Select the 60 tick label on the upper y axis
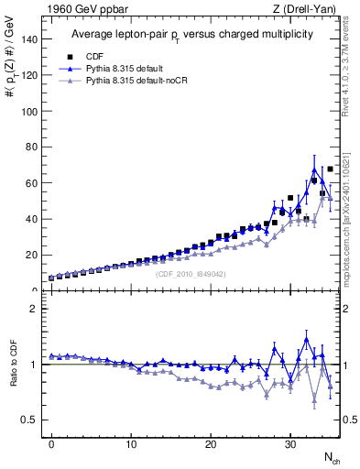coord(33,183)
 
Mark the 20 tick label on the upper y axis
coord(33,255)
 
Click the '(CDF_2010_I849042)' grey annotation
coord(190,274)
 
